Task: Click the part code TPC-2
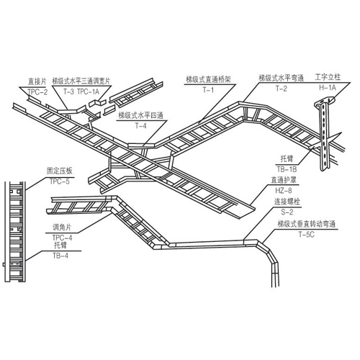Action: [x=37, y=92]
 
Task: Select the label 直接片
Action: [x=37, y=81]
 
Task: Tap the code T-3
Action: [x=68, y=91]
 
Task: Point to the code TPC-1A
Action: [x=88, y=91]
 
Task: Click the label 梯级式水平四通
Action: [x=141, y=115]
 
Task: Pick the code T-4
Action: [x=140, y=126]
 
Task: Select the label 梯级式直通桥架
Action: [x=208, y=79]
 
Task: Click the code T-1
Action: [x=208, y=90]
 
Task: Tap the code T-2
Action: [x=282, y=89]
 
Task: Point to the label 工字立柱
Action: [x=328, y=77]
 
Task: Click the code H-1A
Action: [x=328, y=88]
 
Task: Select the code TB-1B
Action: [x=287, y=169]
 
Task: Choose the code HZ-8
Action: [x=284, y=191]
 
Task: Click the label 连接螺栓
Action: [x=287, y=202]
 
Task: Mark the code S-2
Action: [x=287, y=212]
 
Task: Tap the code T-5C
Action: [x=306, y=235]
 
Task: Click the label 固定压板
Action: [x=59, y=171]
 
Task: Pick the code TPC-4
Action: [x=62, y=238]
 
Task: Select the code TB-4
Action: [x=60, y=256]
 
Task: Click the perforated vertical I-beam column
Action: [x=325, y=135]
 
